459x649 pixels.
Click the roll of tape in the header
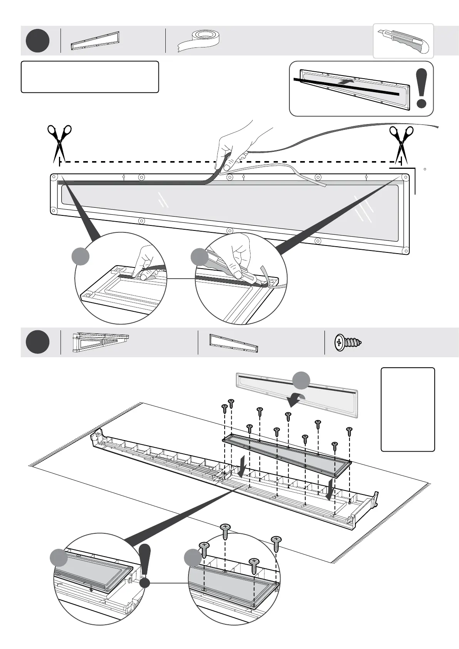[x=199, y=40]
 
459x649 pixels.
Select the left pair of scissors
[x=59, y=142]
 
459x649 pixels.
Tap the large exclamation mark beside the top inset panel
[x=422, y=88]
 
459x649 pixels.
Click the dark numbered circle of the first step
[x=38, y=40]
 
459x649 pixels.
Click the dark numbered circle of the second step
[x=38, y=342]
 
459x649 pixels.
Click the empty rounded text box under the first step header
[x=90, y=77]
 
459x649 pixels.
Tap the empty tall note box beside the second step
[x=408, y=409]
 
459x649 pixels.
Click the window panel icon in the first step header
[x=95, y=40]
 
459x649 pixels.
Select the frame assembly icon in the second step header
[x=101, y=342]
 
